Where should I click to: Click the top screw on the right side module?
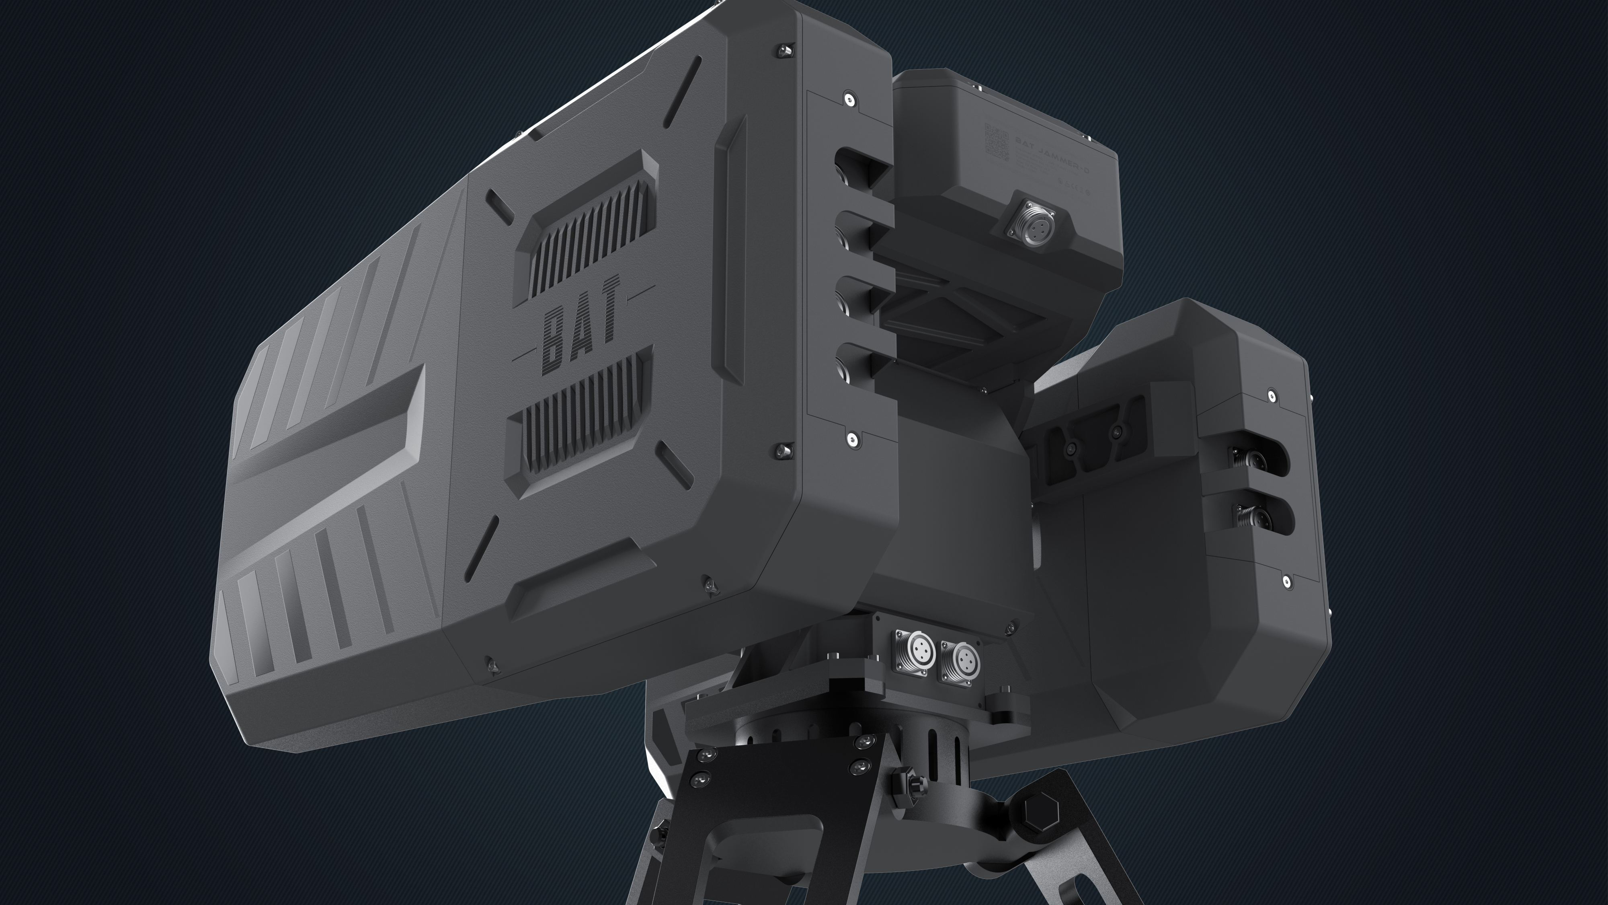point(1272,395)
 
